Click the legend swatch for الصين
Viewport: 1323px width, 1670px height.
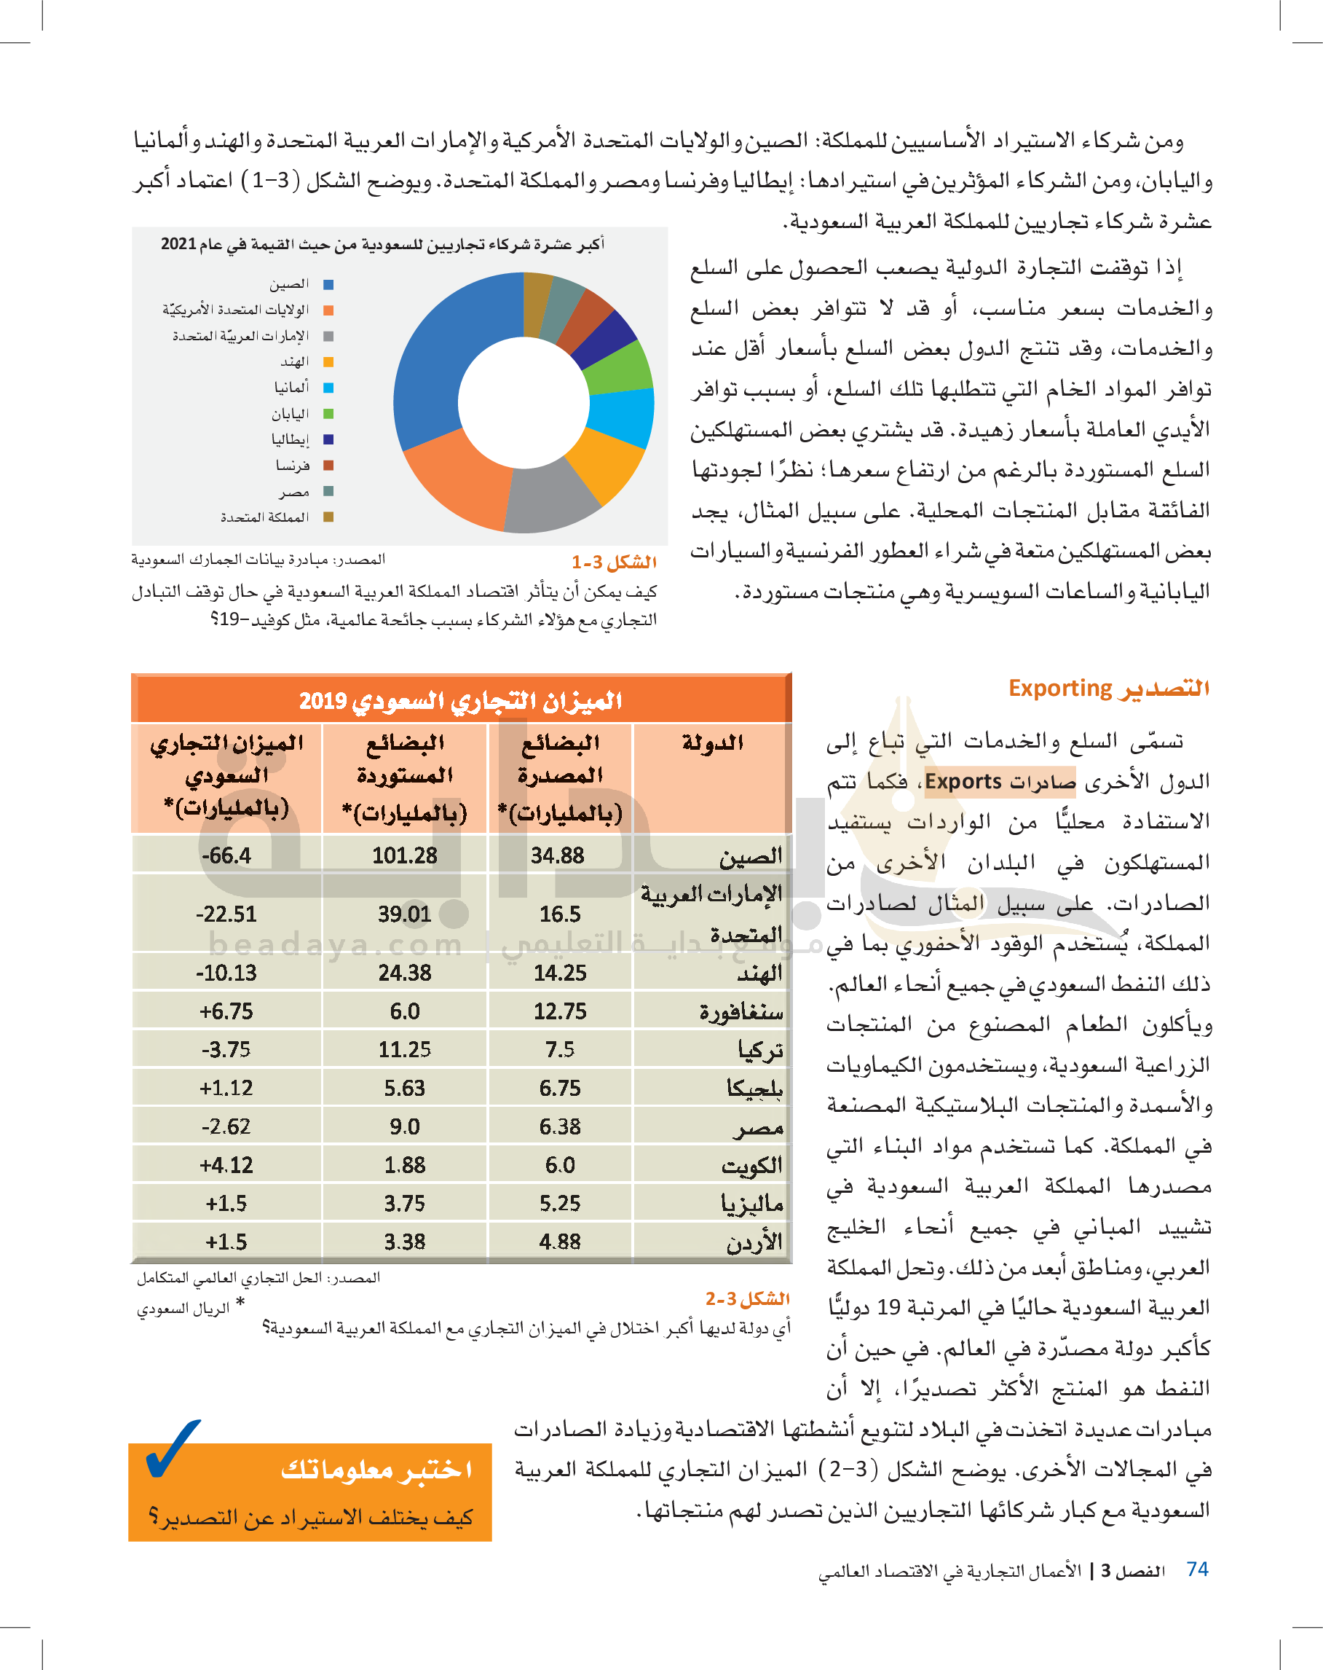(328, 284)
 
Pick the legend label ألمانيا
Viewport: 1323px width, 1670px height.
(292, 388)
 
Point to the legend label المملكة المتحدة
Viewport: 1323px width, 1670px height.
(265, 517)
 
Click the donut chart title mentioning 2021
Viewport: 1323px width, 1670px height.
(382, 245)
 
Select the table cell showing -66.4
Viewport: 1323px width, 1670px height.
(226, 855)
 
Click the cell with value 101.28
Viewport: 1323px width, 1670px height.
(404, 855)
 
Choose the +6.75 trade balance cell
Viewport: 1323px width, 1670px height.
(226, 1011)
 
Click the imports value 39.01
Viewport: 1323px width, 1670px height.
(404, 914)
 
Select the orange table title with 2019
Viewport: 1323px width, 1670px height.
(461, 700)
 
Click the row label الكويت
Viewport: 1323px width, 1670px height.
(751, 1165)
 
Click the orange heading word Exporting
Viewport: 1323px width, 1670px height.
(1060, 688)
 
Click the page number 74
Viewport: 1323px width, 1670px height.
(1197, 1569)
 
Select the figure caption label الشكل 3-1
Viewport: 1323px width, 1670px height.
(614, 562)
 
